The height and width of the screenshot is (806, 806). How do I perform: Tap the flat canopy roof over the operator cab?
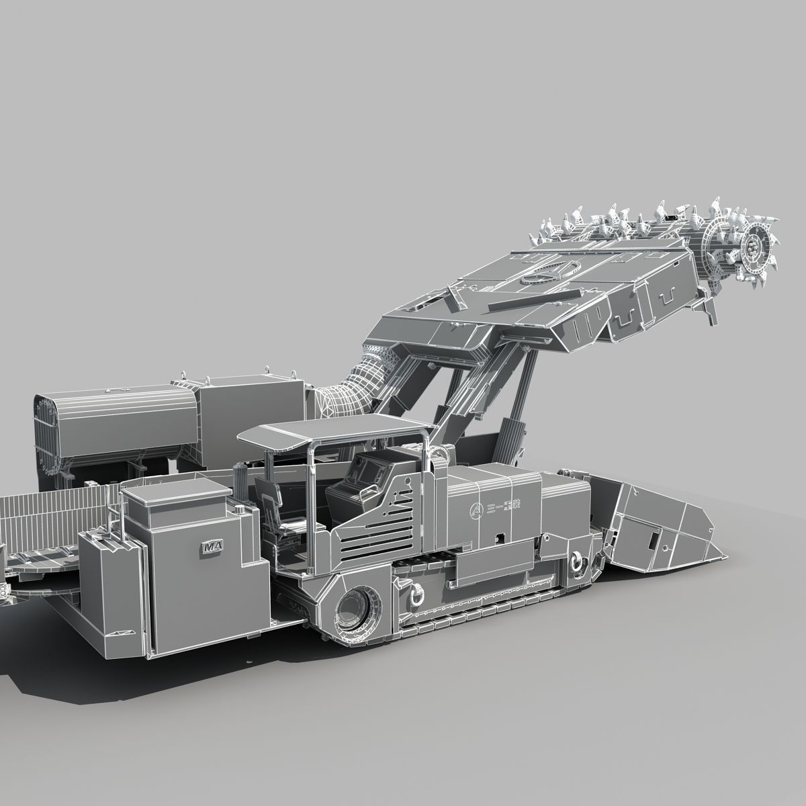pos(336,431)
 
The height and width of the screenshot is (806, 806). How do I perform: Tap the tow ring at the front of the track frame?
pos(576,561)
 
